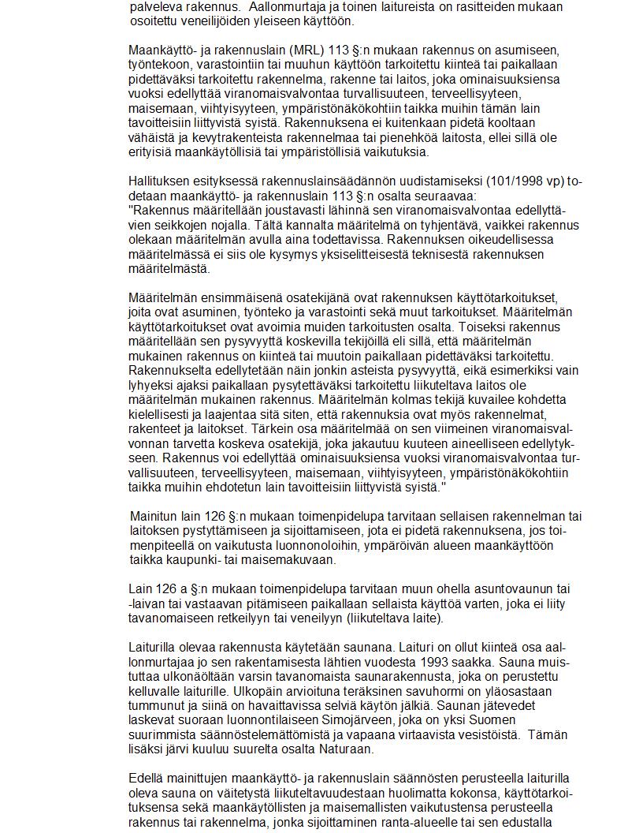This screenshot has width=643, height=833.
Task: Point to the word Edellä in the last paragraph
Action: pos(147,779)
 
